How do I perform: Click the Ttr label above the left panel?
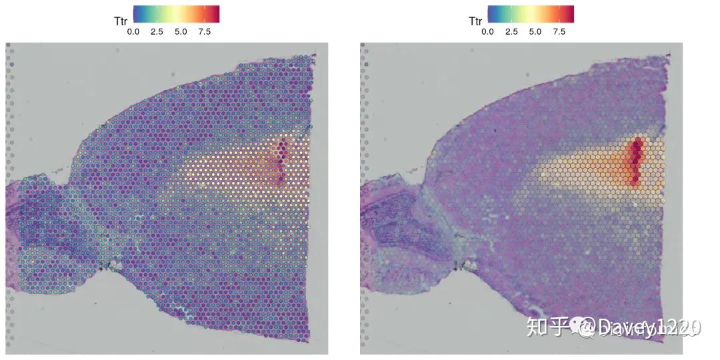(121, 21)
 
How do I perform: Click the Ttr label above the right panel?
(475, 21)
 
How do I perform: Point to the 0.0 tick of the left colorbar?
(133, 31)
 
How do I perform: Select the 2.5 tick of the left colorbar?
(157, 31)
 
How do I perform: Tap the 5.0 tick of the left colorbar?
(181, 31)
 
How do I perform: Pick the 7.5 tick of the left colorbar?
(205, 31)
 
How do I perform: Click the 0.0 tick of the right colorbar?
(487, 31)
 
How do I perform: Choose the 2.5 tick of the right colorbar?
(511, 31)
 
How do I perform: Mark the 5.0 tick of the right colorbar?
(535, 31)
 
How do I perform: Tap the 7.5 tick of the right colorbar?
(559, 31)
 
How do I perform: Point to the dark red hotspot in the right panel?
(635, 160)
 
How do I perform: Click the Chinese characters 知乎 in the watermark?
(543, 327)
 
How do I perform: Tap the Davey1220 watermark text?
(640, 327)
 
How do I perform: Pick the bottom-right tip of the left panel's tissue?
(308, 341)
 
